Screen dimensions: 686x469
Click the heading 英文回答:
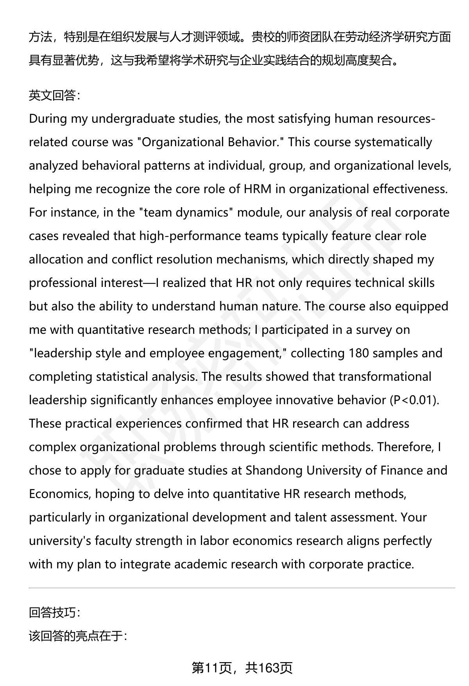[x=54, y=95]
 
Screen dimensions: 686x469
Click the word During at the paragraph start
[x=48, y=119]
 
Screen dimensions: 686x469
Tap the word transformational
[x=385, y=377]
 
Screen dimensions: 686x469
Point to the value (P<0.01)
[x=415, y=400]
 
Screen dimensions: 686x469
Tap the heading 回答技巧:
[x=54, y=613]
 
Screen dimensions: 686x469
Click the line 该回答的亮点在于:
[x=78, y=636]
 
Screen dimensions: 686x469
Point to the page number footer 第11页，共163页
[x=242, y=668]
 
